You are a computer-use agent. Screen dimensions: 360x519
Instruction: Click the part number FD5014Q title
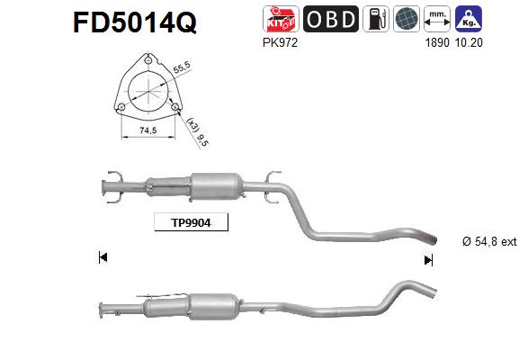pos(133,22)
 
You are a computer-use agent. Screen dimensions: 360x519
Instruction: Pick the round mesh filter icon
pos(404,19)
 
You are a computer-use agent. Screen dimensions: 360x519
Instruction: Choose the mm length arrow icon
pos(436,19)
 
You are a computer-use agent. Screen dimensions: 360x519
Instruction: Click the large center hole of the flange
pos(146,90)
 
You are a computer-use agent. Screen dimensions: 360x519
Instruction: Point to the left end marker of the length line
pos(103,258)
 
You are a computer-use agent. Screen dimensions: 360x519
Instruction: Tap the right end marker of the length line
pos(428,259)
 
